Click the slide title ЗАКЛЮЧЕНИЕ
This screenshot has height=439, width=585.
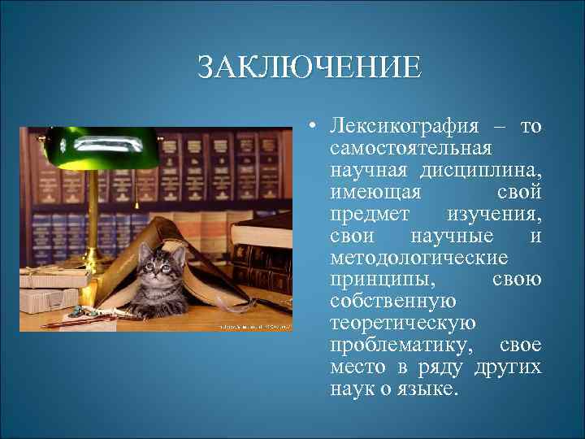(x=310, y=67)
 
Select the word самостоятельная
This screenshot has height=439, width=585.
(x=410, y=150)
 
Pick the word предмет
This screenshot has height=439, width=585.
(x=370, y=215)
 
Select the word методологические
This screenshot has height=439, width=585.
(x=418, y=259)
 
